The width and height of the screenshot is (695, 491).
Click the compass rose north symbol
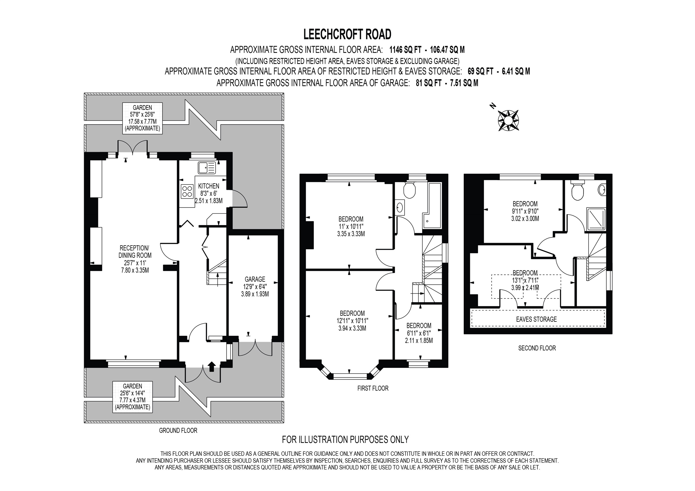pyautogui.click(x=508, y=120)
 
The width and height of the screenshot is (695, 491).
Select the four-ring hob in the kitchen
pyautogui.click(x=187, y=191)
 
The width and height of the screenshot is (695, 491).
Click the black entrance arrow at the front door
pyautogui.click(x=211, y=367)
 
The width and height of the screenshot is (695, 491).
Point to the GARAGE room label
pyautogui.click(x=255, y=279)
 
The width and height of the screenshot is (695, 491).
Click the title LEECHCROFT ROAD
pyautogui.click(x=347, y=34)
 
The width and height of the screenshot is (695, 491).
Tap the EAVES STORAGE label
pyautogui.click(x=536, y=319)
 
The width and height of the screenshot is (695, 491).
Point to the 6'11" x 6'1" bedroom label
pyautogui.click(x=419, y=333)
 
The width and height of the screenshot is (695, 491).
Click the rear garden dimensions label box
pyautogui.click(x=142, y=118)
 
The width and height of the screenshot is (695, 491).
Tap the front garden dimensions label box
pyautogui.click(x=132, y=397)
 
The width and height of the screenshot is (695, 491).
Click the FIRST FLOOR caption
pyautogui.click(x=373, y=388)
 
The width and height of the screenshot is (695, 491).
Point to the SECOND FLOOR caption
pyautogui.click(x=537, y=348)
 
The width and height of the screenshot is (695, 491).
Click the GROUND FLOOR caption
pyautogui.click(x=178, y=431)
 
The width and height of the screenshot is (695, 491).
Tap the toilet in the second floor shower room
pyautogui.click(x=577, y=191)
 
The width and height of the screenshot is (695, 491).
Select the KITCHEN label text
pyautogui.click(x=208, y=186)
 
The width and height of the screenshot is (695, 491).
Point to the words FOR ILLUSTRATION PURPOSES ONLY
pyautogui.click(x=345, y=439)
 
